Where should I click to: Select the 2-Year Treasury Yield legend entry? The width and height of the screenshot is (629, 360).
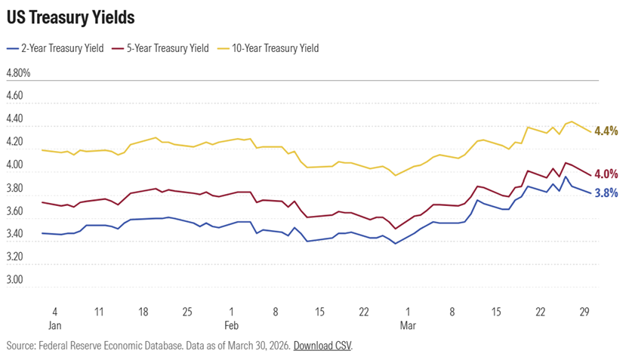coord(57,48)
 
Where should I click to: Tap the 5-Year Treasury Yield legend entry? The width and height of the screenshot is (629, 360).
coord(160,48)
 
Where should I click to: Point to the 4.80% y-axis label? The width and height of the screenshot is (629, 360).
coord(18,73)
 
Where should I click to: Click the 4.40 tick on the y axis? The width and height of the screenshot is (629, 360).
coord(15,119)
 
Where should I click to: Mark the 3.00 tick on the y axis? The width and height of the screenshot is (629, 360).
coord(15,279)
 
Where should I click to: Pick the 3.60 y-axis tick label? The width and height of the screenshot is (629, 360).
coord(15,211)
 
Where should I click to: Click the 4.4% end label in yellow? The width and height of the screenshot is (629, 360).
coord(607,131)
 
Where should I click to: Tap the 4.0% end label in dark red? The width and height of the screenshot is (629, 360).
coord(607,174)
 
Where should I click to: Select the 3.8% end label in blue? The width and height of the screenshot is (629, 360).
coord(607,192)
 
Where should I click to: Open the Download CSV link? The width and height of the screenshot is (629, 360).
coord(322,346)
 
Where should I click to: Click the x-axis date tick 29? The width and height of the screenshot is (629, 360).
coord(584,312)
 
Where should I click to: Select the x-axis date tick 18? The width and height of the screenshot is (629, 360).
coord(143,312)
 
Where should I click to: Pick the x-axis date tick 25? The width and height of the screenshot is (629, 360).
coord(187,312)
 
